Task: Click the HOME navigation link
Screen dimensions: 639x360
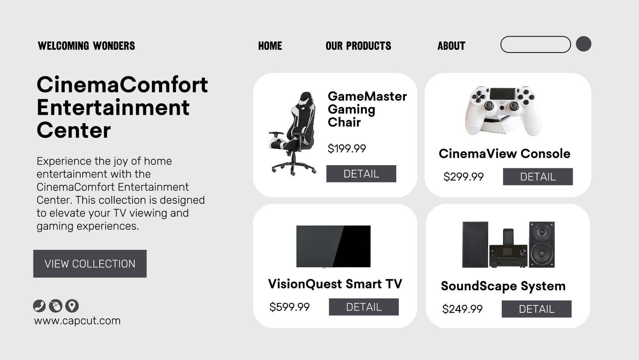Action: (x=270, y=46)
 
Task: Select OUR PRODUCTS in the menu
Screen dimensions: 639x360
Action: (x=358, y=46)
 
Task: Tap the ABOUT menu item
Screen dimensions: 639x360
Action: (x=451, y=46)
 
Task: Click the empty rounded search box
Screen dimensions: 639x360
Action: (x=535, y=44)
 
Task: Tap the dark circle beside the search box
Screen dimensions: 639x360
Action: (x=583, y=44)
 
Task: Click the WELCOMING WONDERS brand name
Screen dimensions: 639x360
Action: (x=86, y=46)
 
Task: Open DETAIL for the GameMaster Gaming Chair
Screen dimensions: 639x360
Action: (x=361, y=173)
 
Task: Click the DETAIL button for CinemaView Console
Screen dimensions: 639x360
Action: (x=538, y=176)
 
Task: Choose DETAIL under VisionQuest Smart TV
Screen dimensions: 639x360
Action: (x=364, y=307)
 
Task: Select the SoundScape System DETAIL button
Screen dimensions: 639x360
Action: (x=537, y=309)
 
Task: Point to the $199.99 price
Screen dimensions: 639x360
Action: (x=347, y=148)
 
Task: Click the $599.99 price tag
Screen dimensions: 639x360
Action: (x=289, y=307)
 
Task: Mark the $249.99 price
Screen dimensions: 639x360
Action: (x=462, y=309)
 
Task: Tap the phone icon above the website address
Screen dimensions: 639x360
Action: (x=39, y=306)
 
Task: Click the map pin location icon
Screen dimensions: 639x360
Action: (x=72, y=306)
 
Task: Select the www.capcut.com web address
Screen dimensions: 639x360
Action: (x=77, y=321)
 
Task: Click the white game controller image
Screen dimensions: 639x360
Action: (x=503, y=111)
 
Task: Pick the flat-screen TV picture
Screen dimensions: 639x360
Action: (x=333, y=247)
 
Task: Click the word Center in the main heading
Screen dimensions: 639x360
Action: (x=74, y=131)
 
